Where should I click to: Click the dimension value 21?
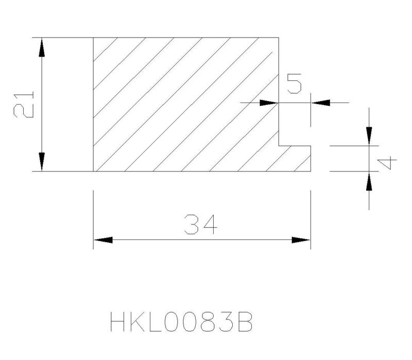point(24,105)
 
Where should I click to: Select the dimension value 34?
point(201,225)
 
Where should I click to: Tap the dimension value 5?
point(294,83)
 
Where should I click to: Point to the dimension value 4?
point(387,163)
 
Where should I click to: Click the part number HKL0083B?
point(181,321)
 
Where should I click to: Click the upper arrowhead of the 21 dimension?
point(42,47)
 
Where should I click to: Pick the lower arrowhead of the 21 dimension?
point(42,162)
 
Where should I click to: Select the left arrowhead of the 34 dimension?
point(103,240)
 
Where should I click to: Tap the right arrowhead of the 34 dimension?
point(301,240)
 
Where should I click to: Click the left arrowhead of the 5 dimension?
point(269,102)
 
